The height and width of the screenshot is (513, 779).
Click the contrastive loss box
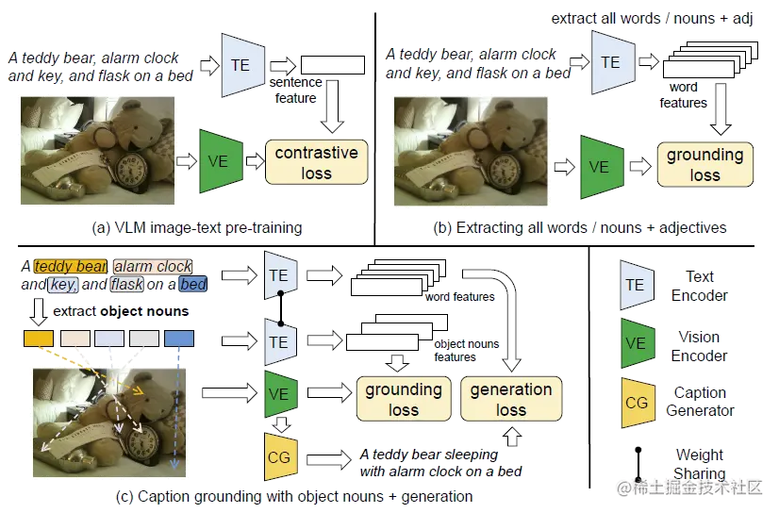[x=316, y=161]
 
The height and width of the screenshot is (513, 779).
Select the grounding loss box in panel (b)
[x=704, y=163]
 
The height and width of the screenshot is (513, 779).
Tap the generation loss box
[x=511, y=398]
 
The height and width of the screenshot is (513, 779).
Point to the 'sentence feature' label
[x=294, y=91]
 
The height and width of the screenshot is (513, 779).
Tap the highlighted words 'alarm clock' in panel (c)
[x=153, y=267]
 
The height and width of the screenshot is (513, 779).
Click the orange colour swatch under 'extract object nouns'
[x=38, y=338]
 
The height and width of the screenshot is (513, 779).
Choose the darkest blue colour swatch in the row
[x=179, y=338]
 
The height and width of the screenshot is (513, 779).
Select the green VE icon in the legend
[x=636, y=344]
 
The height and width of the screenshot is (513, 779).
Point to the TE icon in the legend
[x=636, y=285]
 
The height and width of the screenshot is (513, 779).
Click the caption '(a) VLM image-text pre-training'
[x=196, y=227]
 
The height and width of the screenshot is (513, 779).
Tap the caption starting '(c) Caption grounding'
[x=292, y=496]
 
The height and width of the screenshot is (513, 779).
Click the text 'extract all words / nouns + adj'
[x=652, y=19]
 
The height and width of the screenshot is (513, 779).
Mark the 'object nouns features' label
[x=465, y=350]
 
